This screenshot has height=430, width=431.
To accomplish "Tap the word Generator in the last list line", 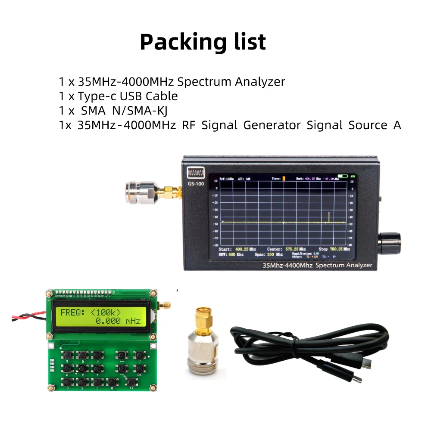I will [272, 125].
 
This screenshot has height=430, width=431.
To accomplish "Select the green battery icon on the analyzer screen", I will [343, 176].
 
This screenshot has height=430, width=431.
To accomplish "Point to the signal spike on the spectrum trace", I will [329, 217].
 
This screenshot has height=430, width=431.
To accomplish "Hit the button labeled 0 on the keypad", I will [112, 381].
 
